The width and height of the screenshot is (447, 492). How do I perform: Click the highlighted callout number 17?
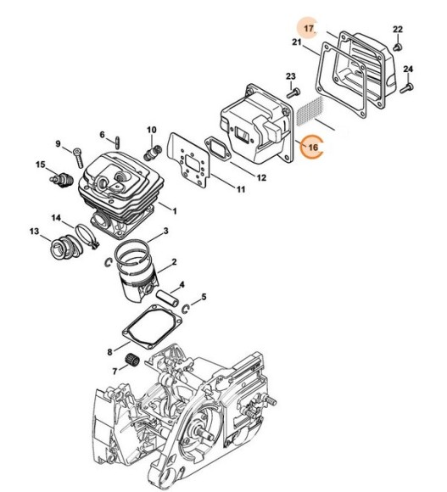click(309, 28)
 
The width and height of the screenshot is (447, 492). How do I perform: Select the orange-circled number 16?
click(313, 147)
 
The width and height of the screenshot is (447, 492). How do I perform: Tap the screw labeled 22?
click(398, 47)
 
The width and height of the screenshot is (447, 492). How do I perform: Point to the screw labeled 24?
click(406, 87)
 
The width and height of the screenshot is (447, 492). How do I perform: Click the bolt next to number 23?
click(293, 92)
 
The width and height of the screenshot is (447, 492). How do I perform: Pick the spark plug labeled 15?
click(61, 181)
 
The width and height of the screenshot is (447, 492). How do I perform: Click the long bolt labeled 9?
click(78, 158)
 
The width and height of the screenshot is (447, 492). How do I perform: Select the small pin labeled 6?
click(117, 143)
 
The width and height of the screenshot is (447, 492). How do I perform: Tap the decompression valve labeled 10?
click(152, 152)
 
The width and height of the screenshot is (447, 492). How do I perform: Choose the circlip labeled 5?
click(186, 309)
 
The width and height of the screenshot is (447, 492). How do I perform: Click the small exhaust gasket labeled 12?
click(218, 148)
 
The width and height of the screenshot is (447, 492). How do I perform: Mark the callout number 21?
click(296, 42)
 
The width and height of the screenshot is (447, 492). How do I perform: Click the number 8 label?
click(109, 352)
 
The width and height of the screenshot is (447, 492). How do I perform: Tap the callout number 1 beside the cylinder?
click(175, 211)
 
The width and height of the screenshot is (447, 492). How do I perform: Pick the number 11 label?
click(241, 189)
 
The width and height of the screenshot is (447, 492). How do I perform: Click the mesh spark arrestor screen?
click(310, 111)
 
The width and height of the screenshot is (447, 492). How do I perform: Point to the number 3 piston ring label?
click(166, 231)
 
